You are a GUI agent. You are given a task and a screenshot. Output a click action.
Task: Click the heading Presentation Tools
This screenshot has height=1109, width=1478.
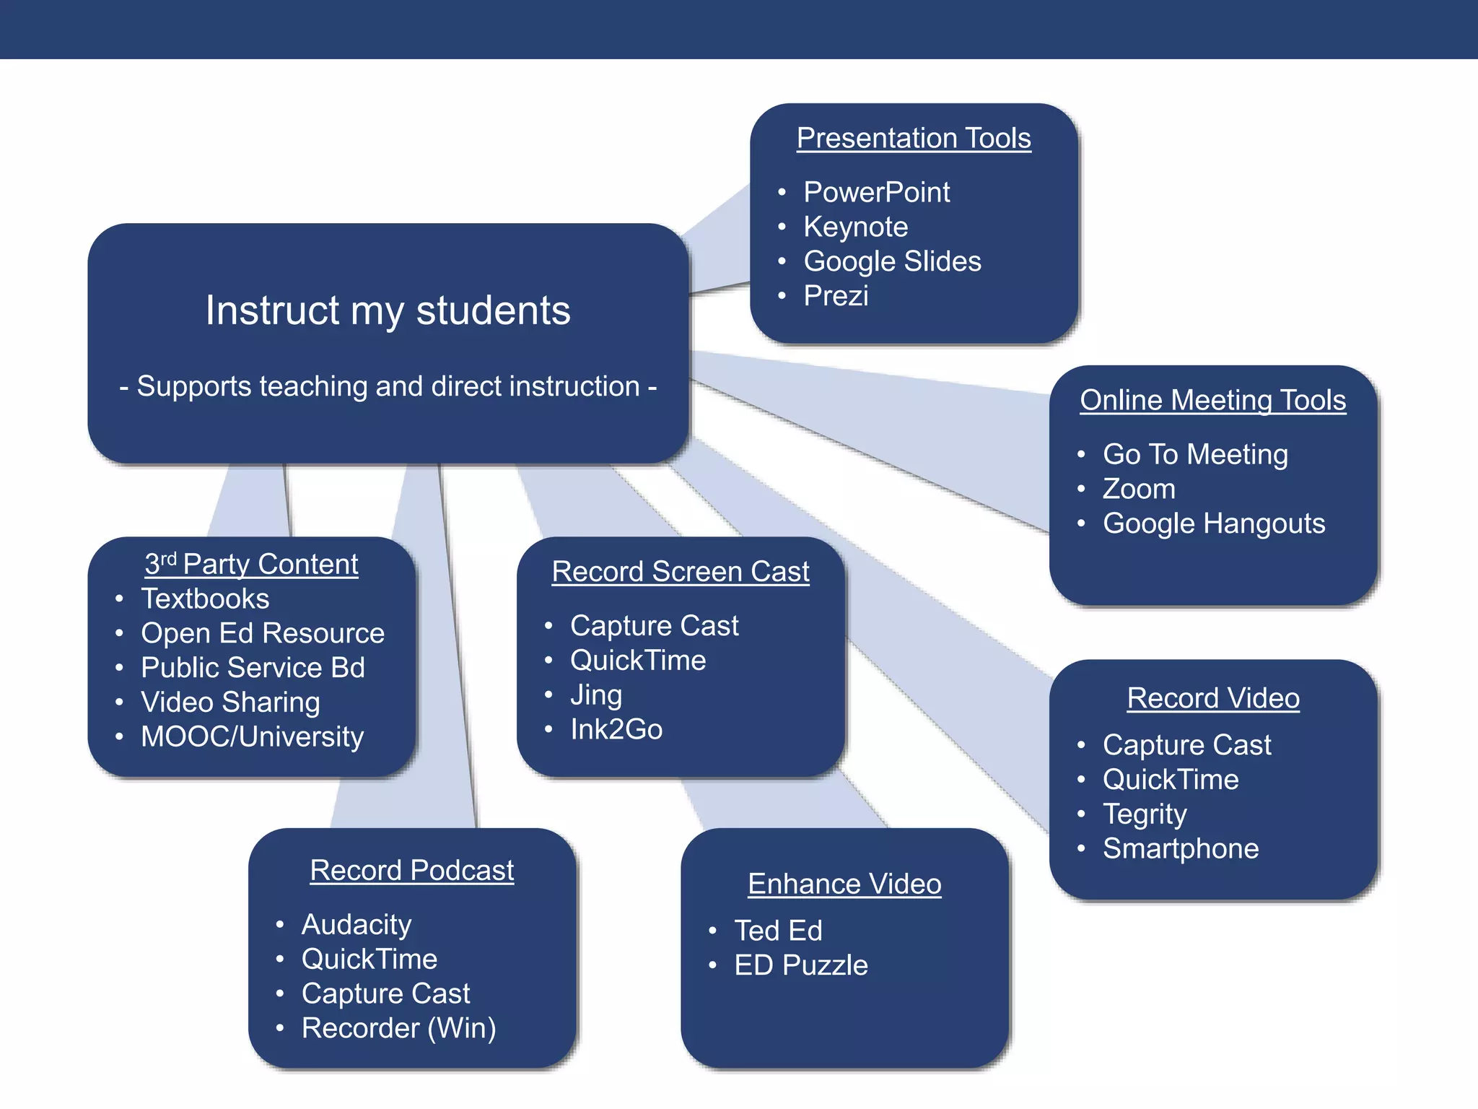[x=914, y=138]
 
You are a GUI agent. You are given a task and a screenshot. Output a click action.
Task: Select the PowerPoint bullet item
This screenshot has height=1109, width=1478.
[x=876, y=192]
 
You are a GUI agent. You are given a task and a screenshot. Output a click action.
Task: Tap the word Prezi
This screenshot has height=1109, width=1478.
[x=836, y=295]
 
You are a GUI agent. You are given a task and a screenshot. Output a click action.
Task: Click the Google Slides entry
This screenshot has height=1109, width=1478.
[x=892, y=261]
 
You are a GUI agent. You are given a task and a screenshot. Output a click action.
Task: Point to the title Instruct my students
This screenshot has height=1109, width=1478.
[x=388, y=310]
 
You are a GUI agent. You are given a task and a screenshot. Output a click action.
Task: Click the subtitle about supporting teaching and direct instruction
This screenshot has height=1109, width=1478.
[x=388, y=386]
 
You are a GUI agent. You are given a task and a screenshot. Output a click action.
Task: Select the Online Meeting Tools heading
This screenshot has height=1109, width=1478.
[x=1212, y=400]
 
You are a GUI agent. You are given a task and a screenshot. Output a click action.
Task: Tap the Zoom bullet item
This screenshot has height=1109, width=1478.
[x=1139, y=489]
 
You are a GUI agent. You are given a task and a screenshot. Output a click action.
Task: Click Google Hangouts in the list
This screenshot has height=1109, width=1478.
[x=1213, y=523]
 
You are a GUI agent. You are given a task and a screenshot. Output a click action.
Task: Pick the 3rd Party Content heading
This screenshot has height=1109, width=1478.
[x=251, y=564]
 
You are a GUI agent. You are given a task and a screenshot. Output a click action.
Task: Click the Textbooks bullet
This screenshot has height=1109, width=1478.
[x=205, y=599]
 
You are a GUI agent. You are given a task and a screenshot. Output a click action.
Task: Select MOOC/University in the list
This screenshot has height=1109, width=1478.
[x=252, y=736]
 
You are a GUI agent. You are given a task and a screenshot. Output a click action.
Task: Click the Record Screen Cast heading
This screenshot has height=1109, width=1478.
[x=680, y=571]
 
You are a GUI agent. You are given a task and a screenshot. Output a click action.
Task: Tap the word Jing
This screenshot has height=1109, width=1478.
[x=596, y=695]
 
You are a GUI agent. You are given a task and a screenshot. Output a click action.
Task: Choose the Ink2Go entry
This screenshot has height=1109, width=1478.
[x=616, y=729]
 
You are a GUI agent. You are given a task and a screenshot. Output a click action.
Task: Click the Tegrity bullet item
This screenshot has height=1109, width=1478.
[x=1145, y=814]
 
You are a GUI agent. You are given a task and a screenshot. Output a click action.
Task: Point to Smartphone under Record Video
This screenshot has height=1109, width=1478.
[x=1180, y=848]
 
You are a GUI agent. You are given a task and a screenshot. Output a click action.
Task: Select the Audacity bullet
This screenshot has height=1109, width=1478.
[x=357, y=924]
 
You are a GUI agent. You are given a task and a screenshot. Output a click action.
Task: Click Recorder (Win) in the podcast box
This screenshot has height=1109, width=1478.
[x=398, y=1028]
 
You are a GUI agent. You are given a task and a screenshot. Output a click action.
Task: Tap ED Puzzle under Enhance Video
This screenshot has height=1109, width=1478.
[x=800, y=965]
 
